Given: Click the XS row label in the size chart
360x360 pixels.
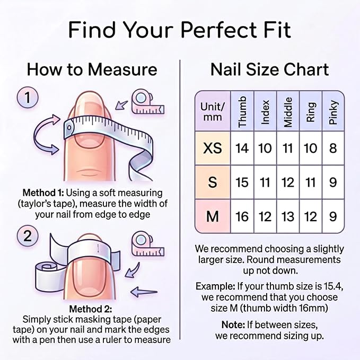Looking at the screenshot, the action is pos(213,148).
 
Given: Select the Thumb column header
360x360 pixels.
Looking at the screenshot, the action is pos(242,112).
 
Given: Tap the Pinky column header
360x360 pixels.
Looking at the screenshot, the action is pos(333,112).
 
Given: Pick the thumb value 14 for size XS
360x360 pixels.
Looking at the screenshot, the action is pos(242,148).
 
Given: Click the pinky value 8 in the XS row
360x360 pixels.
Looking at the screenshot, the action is pos(333,148).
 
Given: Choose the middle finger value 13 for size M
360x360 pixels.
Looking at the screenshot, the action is pos(288,216).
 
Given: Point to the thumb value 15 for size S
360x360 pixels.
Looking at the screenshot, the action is pos(242,182).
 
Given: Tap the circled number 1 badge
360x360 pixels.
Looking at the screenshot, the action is pos(28,98).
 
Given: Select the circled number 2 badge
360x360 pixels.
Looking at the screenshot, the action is pos(28,236).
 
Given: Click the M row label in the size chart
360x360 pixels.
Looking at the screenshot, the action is pos(213,216).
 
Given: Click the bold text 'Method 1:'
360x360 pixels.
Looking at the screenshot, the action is pos(43,192).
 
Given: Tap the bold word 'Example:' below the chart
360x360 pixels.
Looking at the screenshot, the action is pos(215,286).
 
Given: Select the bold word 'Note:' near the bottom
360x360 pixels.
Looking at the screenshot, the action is pos(233,324).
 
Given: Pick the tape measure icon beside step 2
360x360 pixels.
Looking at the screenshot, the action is pos(148,244).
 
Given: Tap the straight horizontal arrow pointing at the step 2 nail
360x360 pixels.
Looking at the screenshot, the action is pos(144,292).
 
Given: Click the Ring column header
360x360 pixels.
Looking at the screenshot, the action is pos(310,112).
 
